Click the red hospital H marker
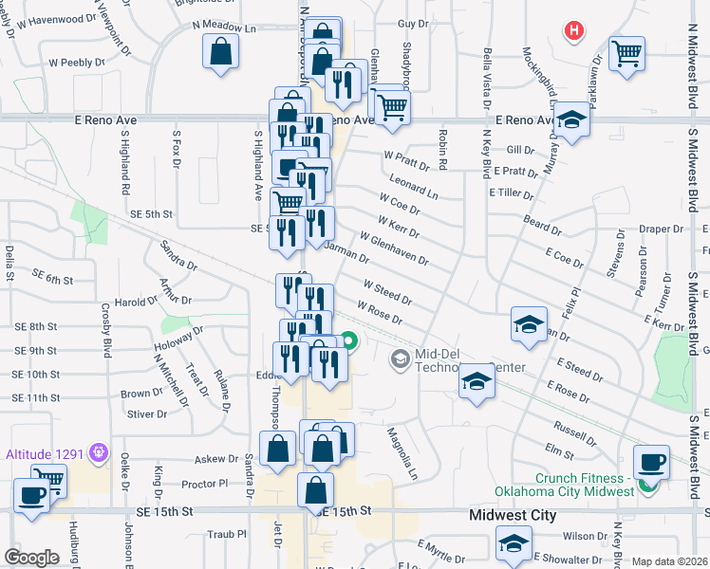tap(573, 31)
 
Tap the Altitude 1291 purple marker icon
tap(97, 453)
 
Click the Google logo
tap(31, 558)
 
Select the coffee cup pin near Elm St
tap(651, 461)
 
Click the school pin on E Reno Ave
tap(571, 119)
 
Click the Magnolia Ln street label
tap(401, 452)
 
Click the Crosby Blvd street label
tap(106, 327)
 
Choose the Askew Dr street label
tap(215, 459)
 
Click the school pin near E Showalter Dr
tap(513, 543)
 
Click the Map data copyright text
tap(666, 561)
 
